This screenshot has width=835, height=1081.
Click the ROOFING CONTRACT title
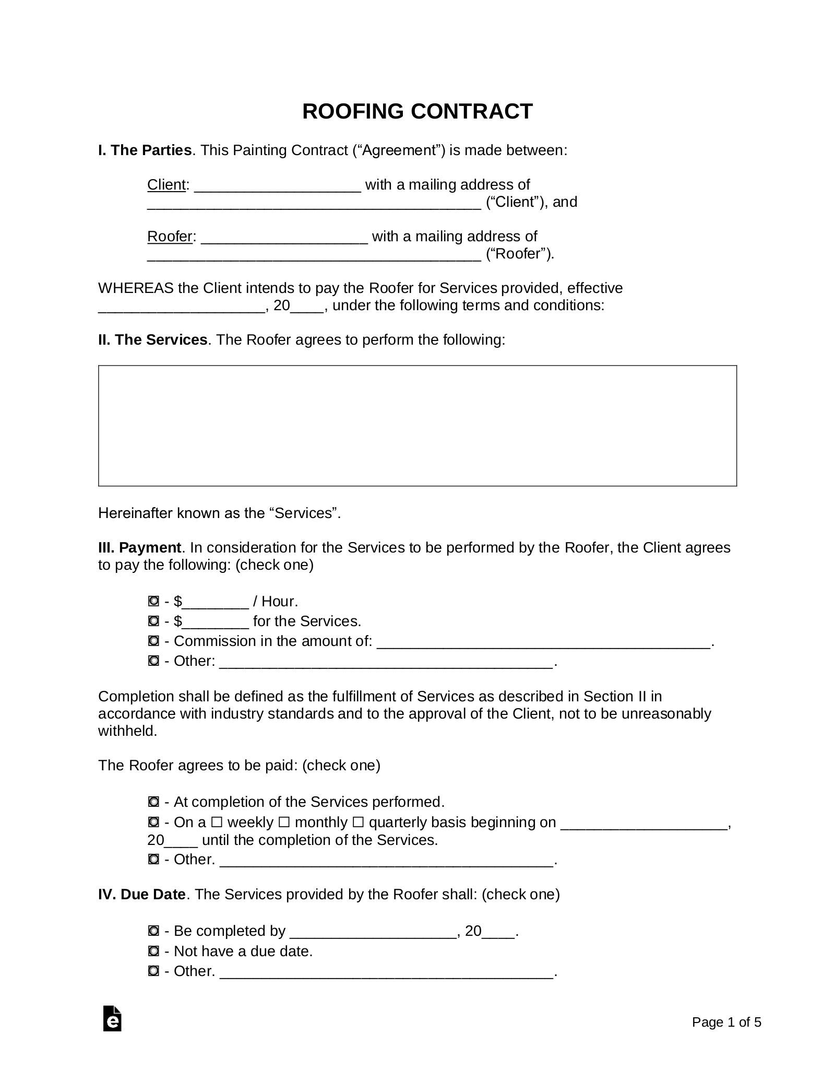click(417, 112)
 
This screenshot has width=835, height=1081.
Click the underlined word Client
click(166, 185)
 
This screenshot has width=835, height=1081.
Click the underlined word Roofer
click(170, 237)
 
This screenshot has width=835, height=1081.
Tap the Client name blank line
click(277, 186)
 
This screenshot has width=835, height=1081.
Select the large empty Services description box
click(417, 426)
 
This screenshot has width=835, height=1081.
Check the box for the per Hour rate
click(153, 602)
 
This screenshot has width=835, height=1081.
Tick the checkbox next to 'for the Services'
click(153, 621)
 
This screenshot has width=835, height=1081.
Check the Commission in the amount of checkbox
click(153, 641)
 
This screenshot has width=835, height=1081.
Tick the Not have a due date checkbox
click(153, 951)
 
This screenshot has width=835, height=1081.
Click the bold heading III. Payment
click(139, 548)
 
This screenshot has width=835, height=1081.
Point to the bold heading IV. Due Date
click(141, 895)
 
